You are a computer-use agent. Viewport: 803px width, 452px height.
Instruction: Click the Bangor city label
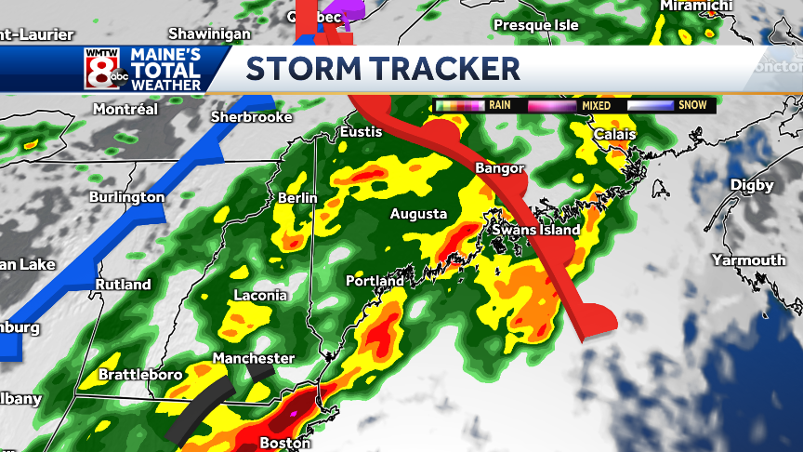point(494,169)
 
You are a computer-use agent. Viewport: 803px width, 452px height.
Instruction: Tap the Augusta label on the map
point(418,214)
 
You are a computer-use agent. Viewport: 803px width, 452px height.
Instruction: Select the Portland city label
point(375,281)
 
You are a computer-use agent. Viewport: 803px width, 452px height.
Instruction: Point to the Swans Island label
point(536,230)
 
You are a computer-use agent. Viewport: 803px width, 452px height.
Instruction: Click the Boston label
point(284,443)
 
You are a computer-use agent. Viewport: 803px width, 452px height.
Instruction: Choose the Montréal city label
point(126,109)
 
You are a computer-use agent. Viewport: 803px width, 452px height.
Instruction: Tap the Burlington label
point(126,197)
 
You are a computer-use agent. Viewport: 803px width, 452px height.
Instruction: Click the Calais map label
point(615,135)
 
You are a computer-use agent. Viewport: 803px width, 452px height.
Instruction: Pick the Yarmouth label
point(748,260)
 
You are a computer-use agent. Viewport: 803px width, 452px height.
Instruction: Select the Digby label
point(751,185)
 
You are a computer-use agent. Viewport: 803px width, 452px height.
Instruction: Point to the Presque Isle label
point(535,25)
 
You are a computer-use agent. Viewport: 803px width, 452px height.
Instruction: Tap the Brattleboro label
point(141,376)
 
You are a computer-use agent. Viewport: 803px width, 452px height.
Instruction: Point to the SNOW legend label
point(691,106)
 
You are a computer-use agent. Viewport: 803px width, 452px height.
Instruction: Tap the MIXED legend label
point(596,106)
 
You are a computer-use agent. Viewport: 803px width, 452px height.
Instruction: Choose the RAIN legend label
point(499,106)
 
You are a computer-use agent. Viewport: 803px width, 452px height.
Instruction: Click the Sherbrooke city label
point(252,117)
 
